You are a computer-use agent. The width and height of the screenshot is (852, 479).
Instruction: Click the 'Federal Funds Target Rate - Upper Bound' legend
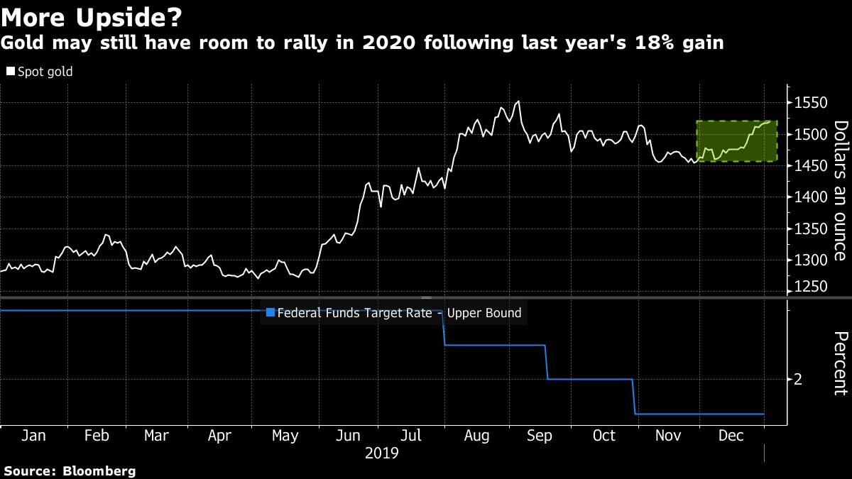pyautogui.click(x=398, y=312)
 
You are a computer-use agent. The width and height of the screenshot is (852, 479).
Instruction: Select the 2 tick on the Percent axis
pyautogui.click(x=798, y=380)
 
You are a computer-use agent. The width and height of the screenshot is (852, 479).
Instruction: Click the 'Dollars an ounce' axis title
pyautogui.click(x=840, y=191)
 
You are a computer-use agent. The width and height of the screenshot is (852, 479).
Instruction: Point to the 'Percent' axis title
pyautogui.click(x=840, y=363)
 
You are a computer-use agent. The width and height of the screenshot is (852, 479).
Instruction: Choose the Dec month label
pyautogui.click(x=731, y=436)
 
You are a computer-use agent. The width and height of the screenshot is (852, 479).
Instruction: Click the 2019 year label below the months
pyautogui.click(x=382, y=452)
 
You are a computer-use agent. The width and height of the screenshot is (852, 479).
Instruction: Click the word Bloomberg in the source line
pyautogui.click(x=99, y=470)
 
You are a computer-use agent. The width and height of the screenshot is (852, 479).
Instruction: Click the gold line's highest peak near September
pyautogui.click(x=518, y=101)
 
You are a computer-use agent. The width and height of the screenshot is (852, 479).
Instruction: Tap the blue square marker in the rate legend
pyautogui.click(x=269, y=312)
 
